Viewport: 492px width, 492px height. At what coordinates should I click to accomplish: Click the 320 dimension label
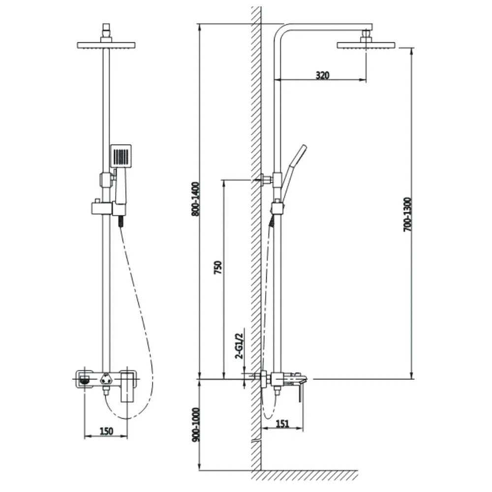[x=322, y=75]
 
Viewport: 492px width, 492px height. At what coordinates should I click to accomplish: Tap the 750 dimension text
[x=218, y=267]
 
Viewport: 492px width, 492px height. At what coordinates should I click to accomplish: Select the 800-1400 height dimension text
[x=195, y=199]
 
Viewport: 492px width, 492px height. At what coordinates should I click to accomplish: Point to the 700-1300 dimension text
[x=407, y=215]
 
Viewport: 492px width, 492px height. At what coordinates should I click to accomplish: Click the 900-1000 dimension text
[x=196, y=425]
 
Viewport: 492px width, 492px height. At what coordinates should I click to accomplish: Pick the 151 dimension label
[x=282, y=424]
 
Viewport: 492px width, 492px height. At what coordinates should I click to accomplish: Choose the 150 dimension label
[x=106, y=431]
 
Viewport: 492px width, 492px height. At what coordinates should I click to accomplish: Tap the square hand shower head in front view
[x=121, y=156]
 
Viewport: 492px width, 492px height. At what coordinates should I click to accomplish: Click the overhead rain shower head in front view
[x=106, y=45]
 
